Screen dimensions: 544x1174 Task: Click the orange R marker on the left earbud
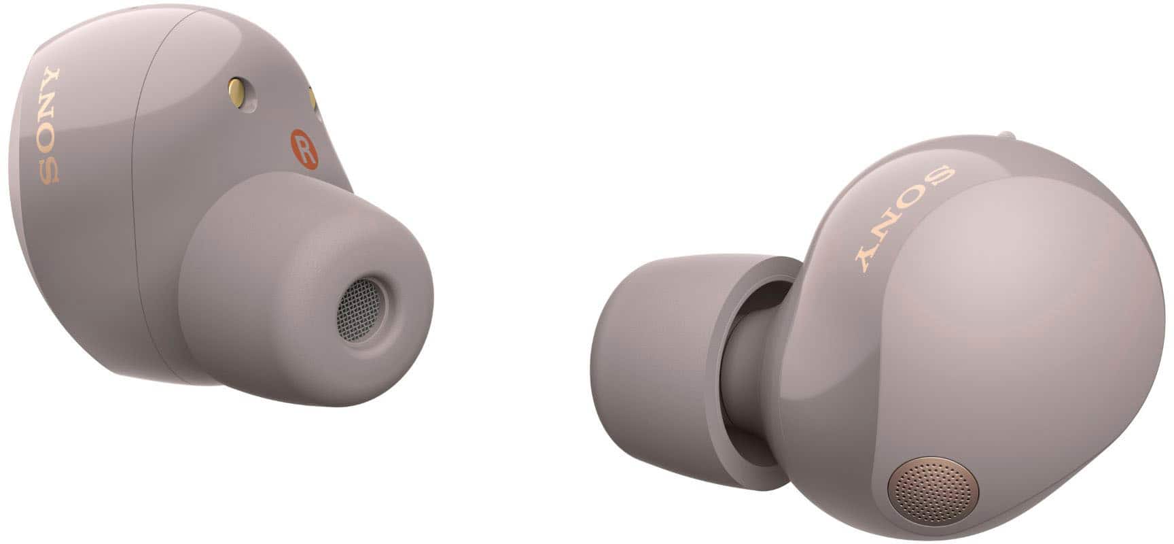(x=304, y=148)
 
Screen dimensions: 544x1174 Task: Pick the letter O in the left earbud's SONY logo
(x=48, y=141)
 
